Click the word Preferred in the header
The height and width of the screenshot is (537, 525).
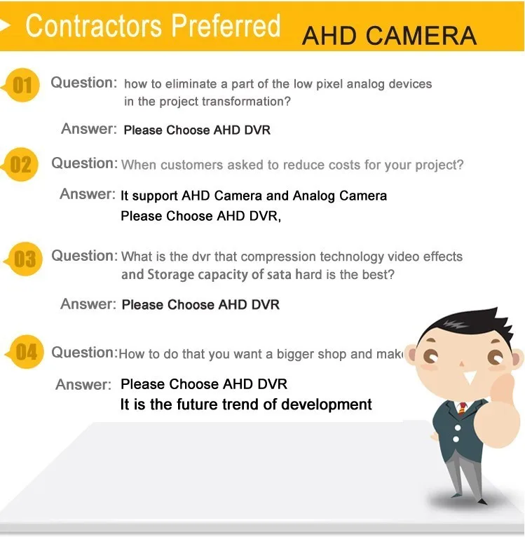coord(226,26)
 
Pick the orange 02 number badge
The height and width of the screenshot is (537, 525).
coord(21,165)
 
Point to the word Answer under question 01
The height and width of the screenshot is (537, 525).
coord(88,129)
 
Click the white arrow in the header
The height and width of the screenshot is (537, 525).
coord(8,27)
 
